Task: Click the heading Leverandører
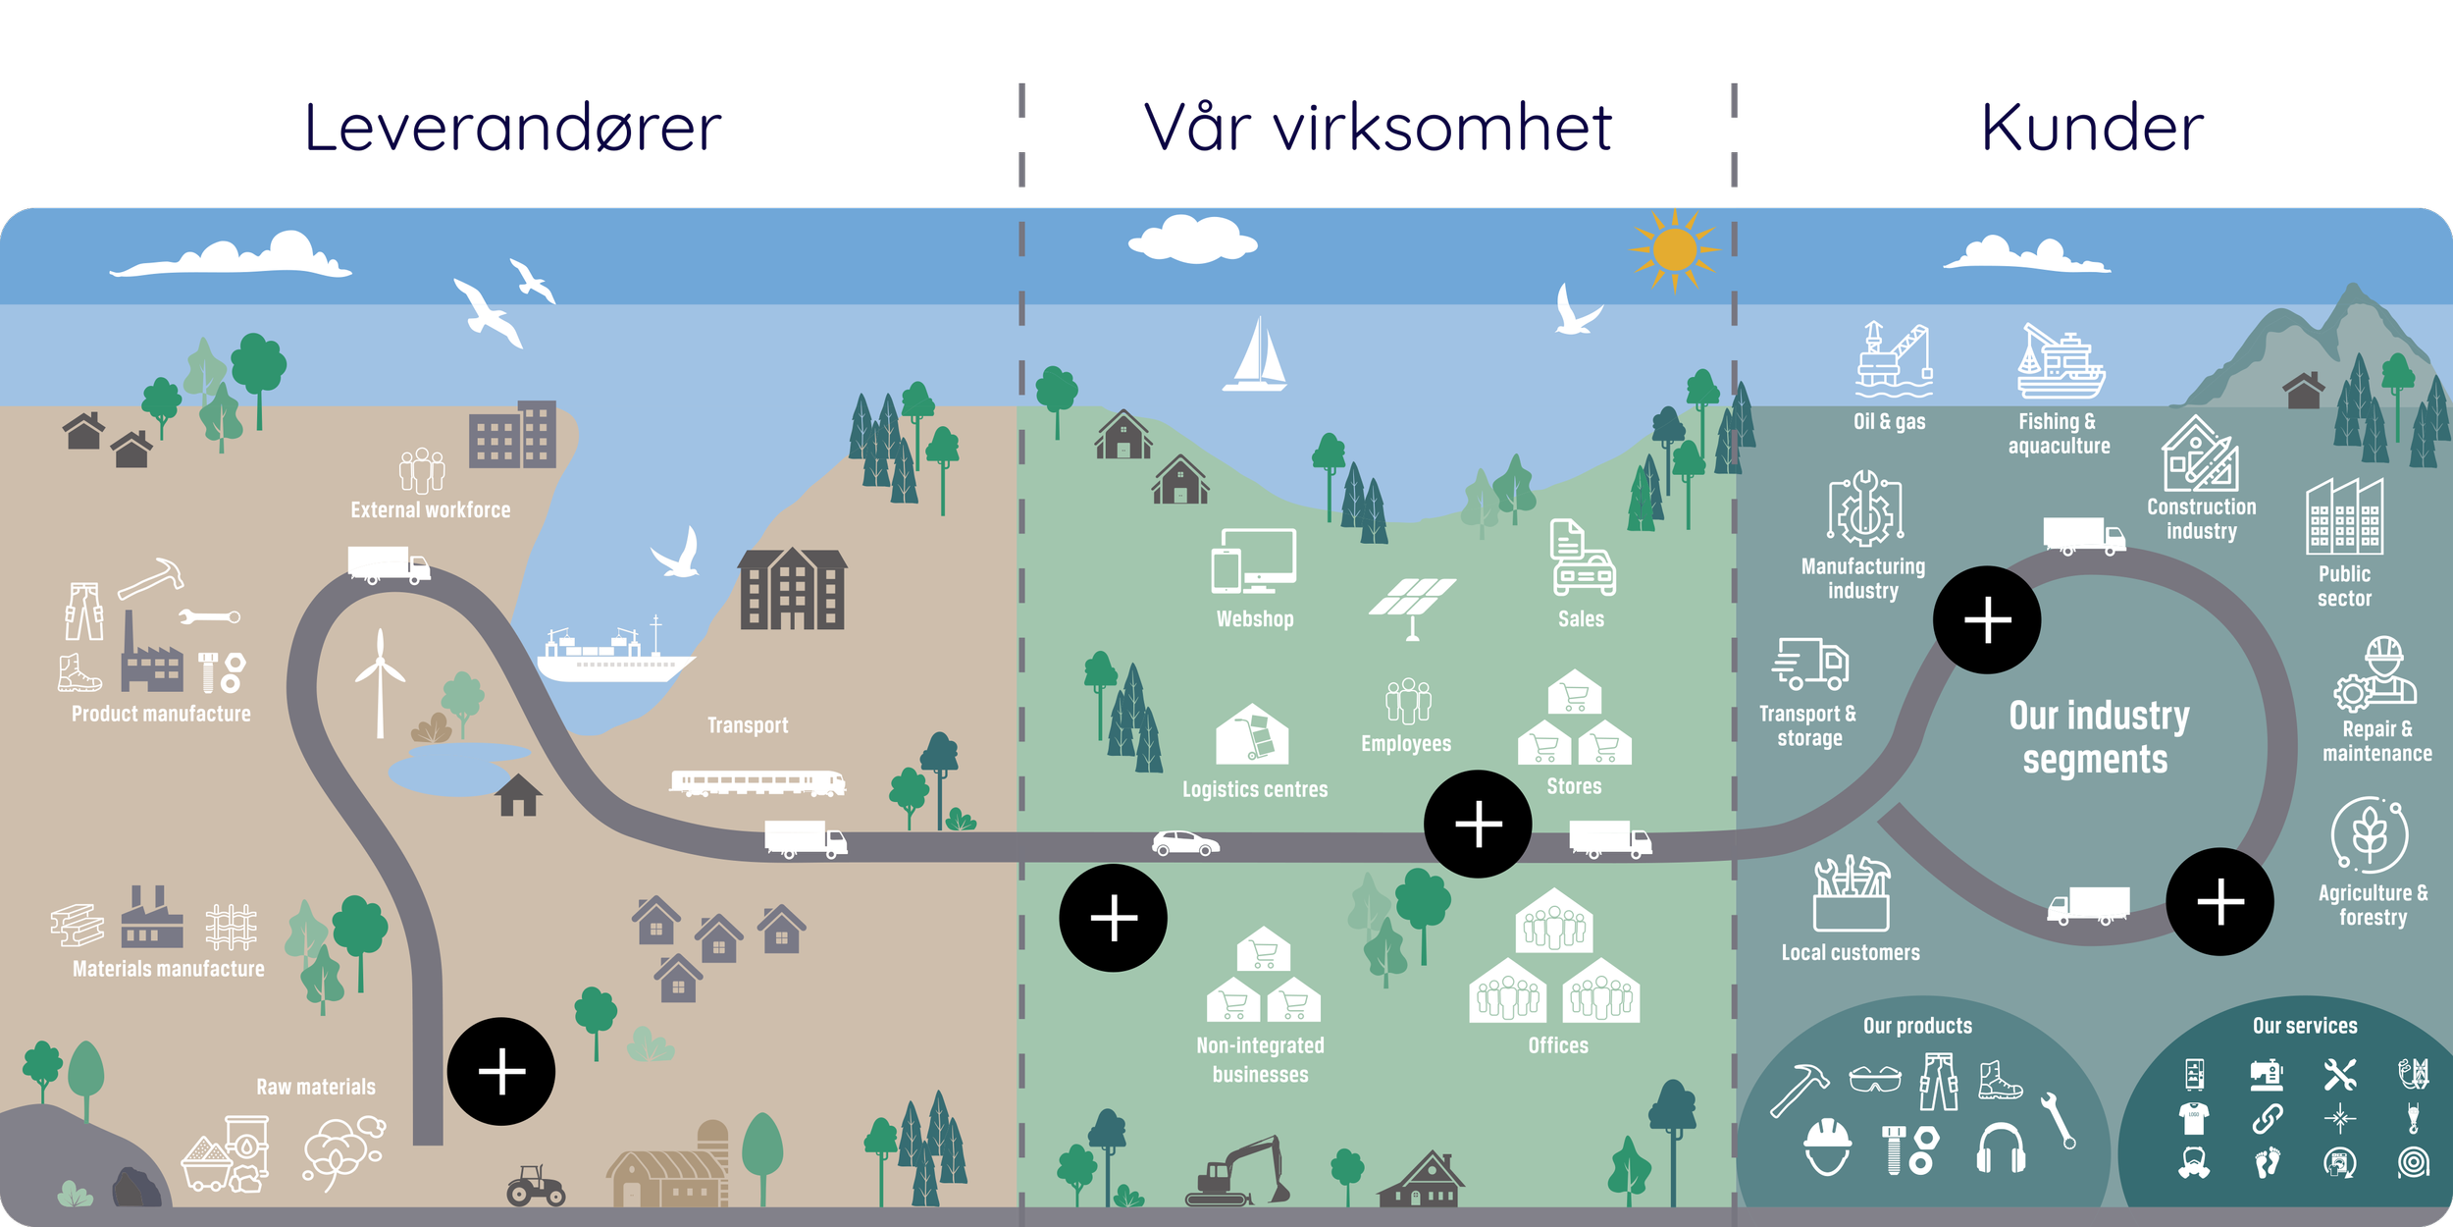[x=512, y=129]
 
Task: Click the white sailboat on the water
[x=1255, y=355]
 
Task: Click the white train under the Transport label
[x=757, y=782]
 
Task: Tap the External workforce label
[x=431, y=510]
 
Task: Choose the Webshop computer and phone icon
[x=1254, y=561]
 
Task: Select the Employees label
[x=1406, y=744]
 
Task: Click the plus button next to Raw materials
[x=501, y=1071]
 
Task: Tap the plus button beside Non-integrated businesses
[x=1114, y=918]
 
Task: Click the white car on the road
[x=1185, y=843]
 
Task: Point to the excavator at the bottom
[x=1238, y=1173]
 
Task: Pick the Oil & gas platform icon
[x=1893, y=359]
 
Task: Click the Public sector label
[x=2344, y=586]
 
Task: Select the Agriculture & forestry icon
[x=2370, y=834]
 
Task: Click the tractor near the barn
[x=536, y=1186]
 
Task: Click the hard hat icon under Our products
[x=1827, y=1146]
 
